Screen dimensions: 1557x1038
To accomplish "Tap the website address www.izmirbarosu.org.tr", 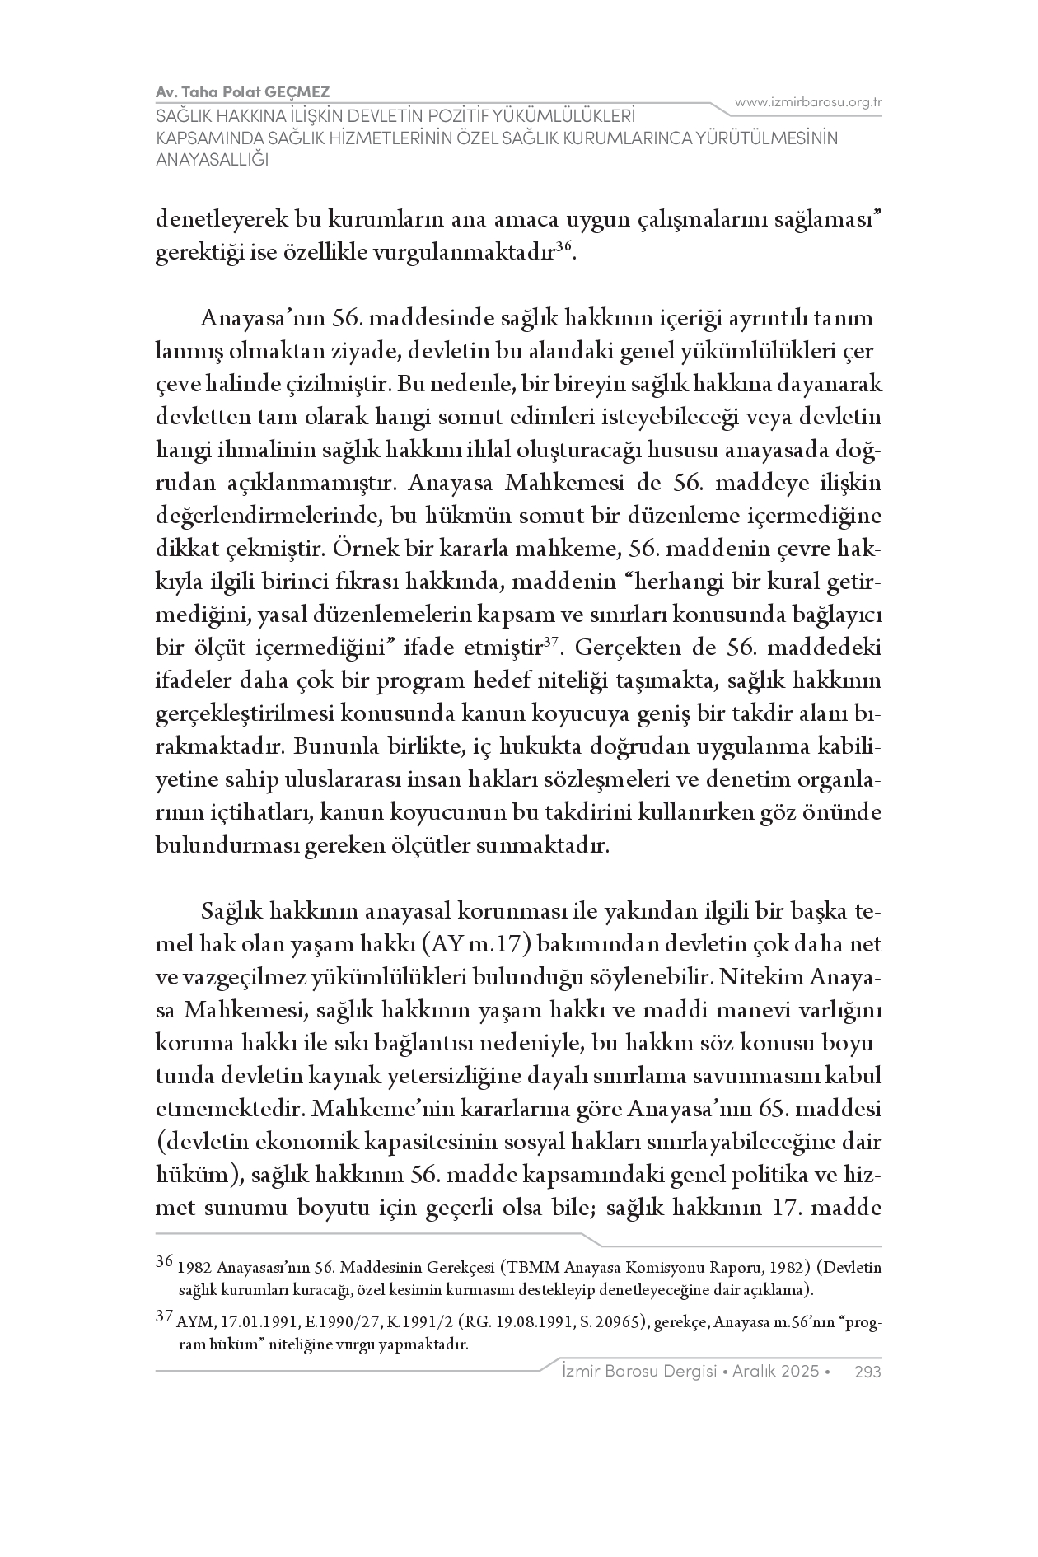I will coord(808,102).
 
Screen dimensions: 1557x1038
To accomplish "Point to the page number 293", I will coord(868,1372).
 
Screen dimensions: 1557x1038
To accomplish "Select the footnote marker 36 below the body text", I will coord(164,1261).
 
